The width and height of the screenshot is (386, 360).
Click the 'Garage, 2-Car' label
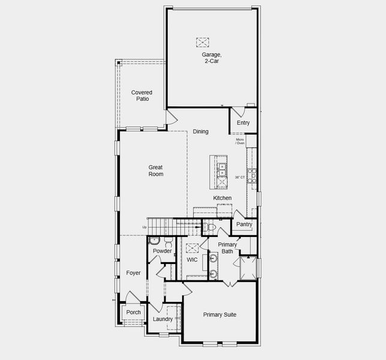pyautogui.click(x=211, y=58)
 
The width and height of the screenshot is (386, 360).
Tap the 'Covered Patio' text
pyautogui.click(x=141, y=95)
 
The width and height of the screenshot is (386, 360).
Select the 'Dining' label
pyautogui.click(x=201, y=131)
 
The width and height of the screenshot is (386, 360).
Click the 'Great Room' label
pyautogui.click(x=156, y=171)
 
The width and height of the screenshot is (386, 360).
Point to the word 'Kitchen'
pyautogui.click(x=222, y=198)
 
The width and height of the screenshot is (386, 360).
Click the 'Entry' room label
pyautogui.click(x=243, y=123)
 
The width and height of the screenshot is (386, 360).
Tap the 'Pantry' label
pyautogui.click(x=244, y=224)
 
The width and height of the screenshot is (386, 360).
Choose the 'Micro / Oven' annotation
pyautogui.click(x=240, y=141)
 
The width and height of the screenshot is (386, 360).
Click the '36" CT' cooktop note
pyautogui.click(x=240, y=177)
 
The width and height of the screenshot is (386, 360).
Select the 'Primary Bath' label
pyautogui.click(x=227, y=248)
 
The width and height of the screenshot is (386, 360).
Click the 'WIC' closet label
pyautogui.click(x=192, y=260)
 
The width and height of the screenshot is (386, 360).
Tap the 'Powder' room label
pyautogui.click(x=162, y=251)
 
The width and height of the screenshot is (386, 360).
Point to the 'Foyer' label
pyautogui.click(x=133, y=273)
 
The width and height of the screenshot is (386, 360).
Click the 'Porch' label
pyautogui.click(x=134, y=312)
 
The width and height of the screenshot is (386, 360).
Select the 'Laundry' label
pyautogui.click(x=163, y=319)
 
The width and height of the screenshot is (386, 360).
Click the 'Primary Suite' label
pyautogui.click(x=219, y=314)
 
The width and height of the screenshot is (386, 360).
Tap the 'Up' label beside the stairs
pyautogui.click(x=144, y=227)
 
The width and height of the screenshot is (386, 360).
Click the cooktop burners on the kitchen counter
pyautogui.click(x=252, y=175)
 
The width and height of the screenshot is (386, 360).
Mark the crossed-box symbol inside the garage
pyautogui.click(x=203, y=42)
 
